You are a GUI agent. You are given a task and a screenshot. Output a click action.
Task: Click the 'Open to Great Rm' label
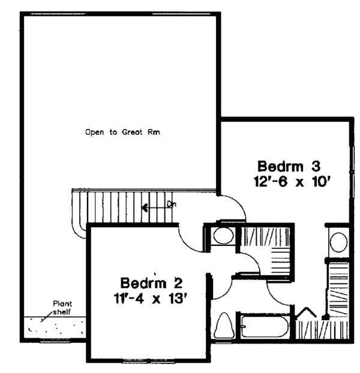pyautogui.click(x=125, y=131)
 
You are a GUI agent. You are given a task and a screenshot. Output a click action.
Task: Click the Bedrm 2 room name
pyautogui.click(x=147, y=282)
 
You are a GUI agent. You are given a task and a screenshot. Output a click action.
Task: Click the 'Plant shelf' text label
pyautogui.click(x=61, y=308)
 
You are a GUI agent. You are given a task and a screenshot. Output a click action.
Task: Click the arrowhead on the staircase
pyautogui.click(x=145, y=208)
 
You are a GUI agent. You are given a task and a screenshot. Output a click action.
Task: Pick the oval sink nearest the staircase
pyautogui.click(x=223, y=235)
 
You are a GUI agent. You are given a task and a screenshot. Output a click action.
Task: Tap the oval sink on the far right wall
pyautogui.click(x=338, y=242)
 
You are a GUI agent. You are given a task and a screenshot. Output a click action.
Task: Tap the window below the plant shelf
pyautogui.click(x=54, y=342)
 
